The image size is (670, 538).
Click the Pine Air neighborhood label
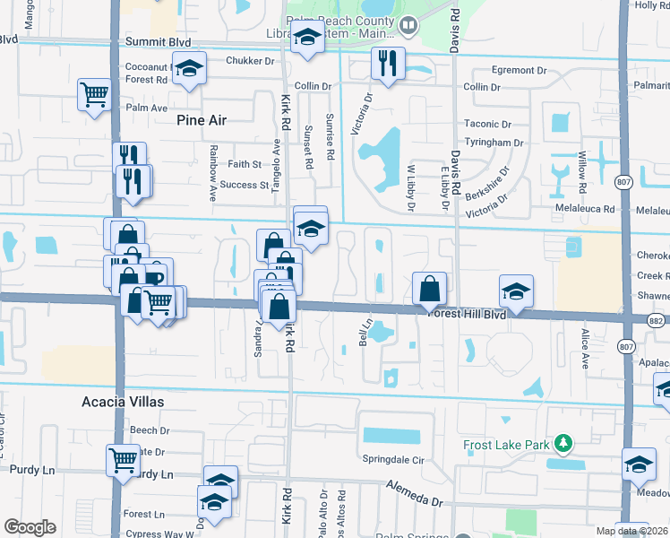[202, 119]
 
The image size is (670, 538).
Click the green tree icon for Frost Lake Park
[563, 444]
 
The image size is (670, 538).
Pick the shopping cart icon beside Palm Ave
[94, 93]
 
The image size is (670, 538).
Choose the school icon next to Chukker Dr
[189, 69]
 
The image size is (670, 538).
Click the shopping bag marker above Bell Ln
[430, 288]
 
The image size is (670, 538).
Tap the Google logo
[30, 527]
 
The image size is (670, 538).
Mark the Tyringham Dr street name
[494, 143]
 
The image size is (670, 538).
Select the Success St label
[245, 186]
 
